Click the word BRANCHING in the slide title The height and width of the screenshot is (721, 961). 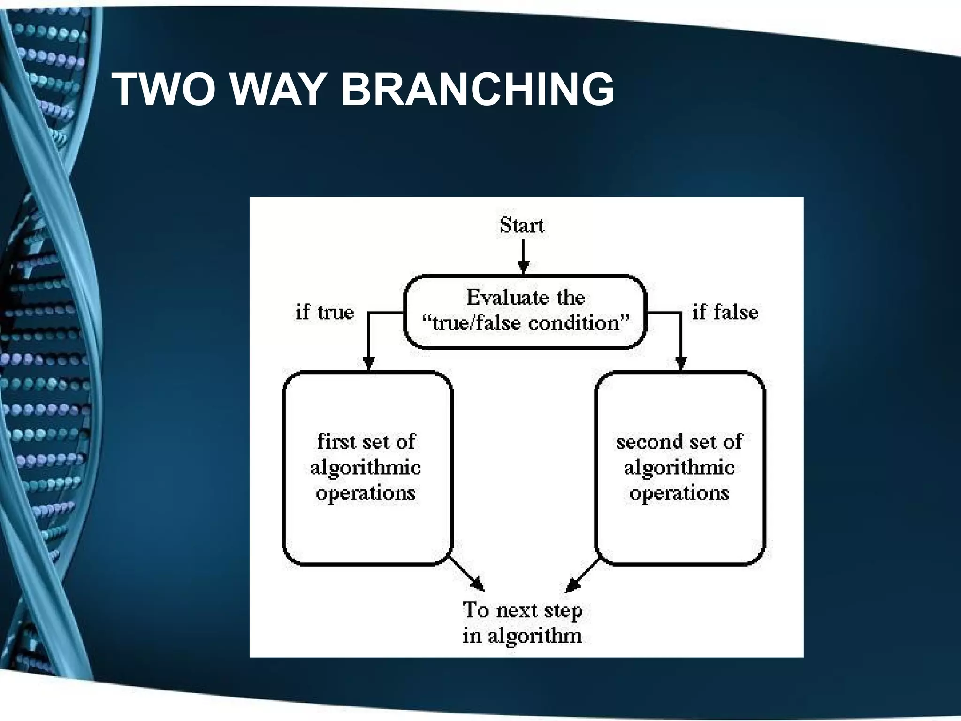[477, 89]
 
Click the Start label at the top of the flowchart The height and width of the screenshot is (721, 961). [522, 226]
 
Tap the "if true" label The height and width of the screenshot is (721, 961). [325, 313]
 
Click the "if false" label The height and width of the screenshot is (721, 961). [725, 313]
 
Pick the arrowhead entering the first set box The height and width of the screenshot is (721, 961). [369, 363]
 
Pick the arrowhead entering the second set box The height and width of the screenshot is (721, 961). [681, 363]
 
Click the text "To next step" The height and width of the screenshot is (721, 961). [522, 610]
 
